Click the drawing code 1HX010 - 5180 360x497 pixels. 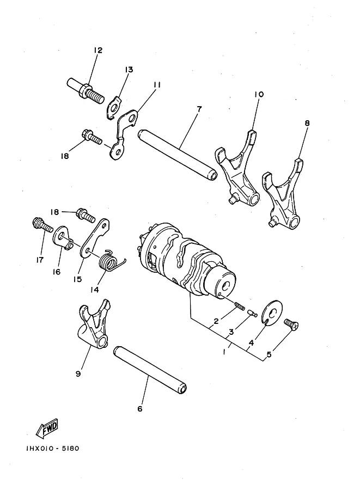[53, 449]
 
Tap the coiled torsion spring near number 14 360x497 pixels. [111, 261]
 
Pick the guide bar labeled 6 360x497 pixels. [150, 370]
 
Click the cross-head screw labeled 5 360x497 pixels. [291, 324]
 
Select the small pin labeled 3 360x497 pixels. [252, 312]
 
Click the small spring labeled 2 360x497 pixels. [240, 306]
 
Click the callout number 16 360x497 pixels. [57, 272]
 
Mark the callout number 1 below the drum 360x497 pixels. [224, 352]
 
